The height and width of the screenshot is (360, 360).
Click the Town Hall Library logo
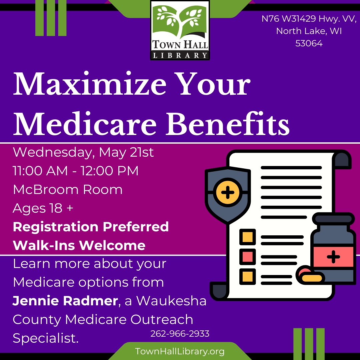180,30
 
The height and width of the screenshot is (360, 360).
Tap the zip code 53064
309,43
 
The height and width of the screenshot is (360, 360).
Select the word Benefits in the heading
228,124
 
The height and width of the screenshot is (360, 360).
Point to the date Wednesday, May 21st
83,152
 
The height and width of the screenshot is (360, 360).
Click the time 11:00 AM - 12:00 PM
76,171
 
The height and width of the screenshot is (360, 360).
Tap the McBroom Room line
68,190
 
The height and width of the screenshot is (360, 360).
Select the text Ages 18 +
43,208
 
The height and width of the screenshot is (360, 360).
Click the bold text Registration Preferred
91,227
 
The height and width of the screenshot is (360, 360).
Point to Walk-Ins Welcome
79,245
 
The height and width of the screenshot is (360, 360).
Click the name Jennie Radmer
65,301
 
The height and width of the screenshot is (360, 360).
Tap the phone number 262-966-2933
180,334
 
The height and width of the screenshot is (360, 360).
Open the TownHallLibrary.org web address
180,351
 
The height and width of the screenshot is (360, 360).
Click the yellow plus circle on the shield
228,192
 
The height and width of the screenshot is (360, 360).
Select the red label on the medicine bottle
333,257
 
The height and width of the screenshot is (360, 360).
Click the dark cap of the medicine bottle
333,219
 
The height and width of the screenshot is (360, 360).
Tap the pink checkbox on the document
247,256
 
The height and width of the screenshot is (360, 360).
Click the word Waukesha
171,301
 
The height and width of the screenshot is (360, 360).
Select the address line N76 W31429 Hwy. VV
309,19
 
